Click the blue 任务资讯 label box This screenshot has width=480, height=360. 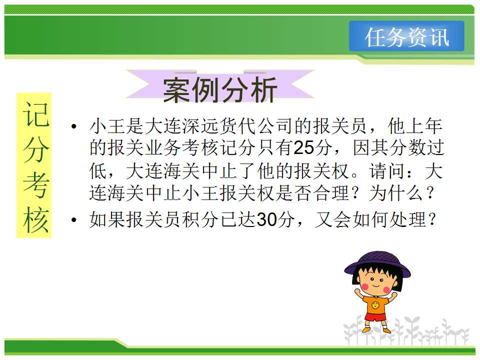tap(406, 36)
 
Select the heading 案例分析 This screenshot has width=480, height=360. tap(220, 89)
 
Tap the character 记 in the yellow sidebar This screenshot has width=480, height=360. tap(35, 114)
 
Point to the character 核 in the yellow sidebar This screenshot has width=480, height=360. tap(35, 219)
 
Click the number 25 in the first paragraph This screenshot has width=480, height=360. tap(303, 148)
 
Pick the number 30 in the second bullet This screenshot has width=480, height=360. tap(266, 219)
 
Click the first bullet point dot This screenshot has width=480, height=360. tap(73, 126)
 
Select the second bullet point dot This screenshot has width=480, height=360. tap(73, 219)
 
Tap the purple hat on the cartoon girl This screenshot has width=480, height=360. tap(377, 264)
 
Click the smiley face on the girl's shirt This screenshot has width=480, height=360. tap(375, 305)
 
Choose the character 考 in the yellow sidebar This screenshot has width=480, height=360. tap(35, 184)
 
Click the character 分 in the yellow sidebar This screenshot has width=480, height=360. tap(35, 149)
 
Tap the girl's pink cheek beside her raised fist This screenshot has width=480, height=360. tap(365, 287)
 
